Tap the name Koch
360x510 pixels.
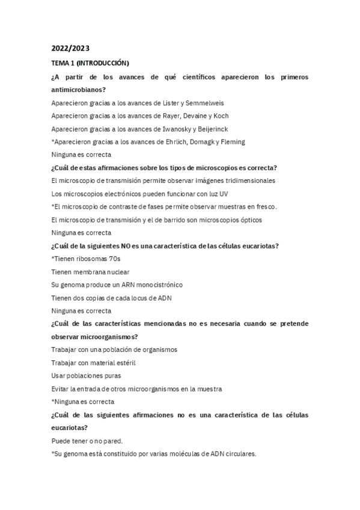coord(220,115)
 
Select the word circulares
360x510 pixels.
coord(239,454)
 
